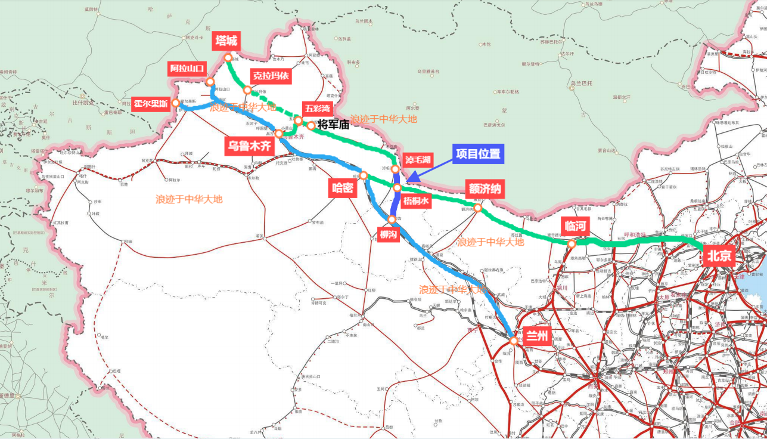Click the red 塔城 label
[x=227, y=41]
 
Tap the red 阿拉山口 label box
[x=187, y=67]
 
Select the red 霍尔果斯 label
[x=151, y=103]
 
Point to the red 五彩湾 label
[x=317, y=108]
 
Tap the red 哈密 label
[x=343, y=188]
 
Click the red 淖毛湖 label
[x=418, y=160]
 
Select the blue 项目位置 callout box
[x=478, y=153]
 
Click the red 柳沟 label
[x=389, y=235]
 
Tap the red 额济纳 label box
[x=485, y=190]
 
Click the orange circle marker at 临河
[x=572, y=243]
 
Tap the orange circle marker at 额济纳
[x=477, y=208]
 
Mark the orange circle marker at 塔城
[x=228, y=58]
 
